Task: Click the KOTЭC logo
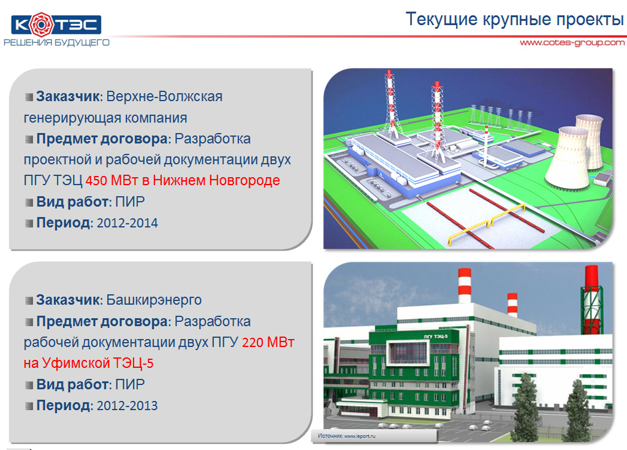[56, 25]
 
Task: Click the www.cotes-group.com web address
[572, 43]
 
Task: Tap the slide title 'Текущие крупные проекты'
[515, 19]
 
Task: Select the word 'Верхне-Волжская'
[164, 96]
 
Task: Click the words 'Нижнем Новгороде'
[216, 180]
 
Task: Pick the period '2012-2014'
[127, 223]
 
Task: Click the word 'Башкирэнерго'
[154, 300]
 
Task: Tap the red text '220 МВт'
[268, 342]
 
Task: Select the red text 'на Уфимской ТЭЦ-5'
[88, 363]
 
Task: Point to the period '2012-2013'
[127, 406]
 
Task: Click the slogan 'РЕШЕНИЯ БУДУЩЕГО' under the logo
[56, 42]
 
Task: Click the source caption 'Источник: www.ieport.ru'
[347, 436]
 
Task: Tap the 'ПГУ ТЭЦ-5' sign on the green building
[436, 337]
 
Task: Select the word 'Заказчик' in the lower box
[68, 300]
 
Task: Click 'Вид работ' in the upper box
[72, 202]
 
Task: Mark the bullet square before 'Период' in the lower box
[29, 406]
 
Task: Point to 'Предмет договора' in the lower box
[102, 322]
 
